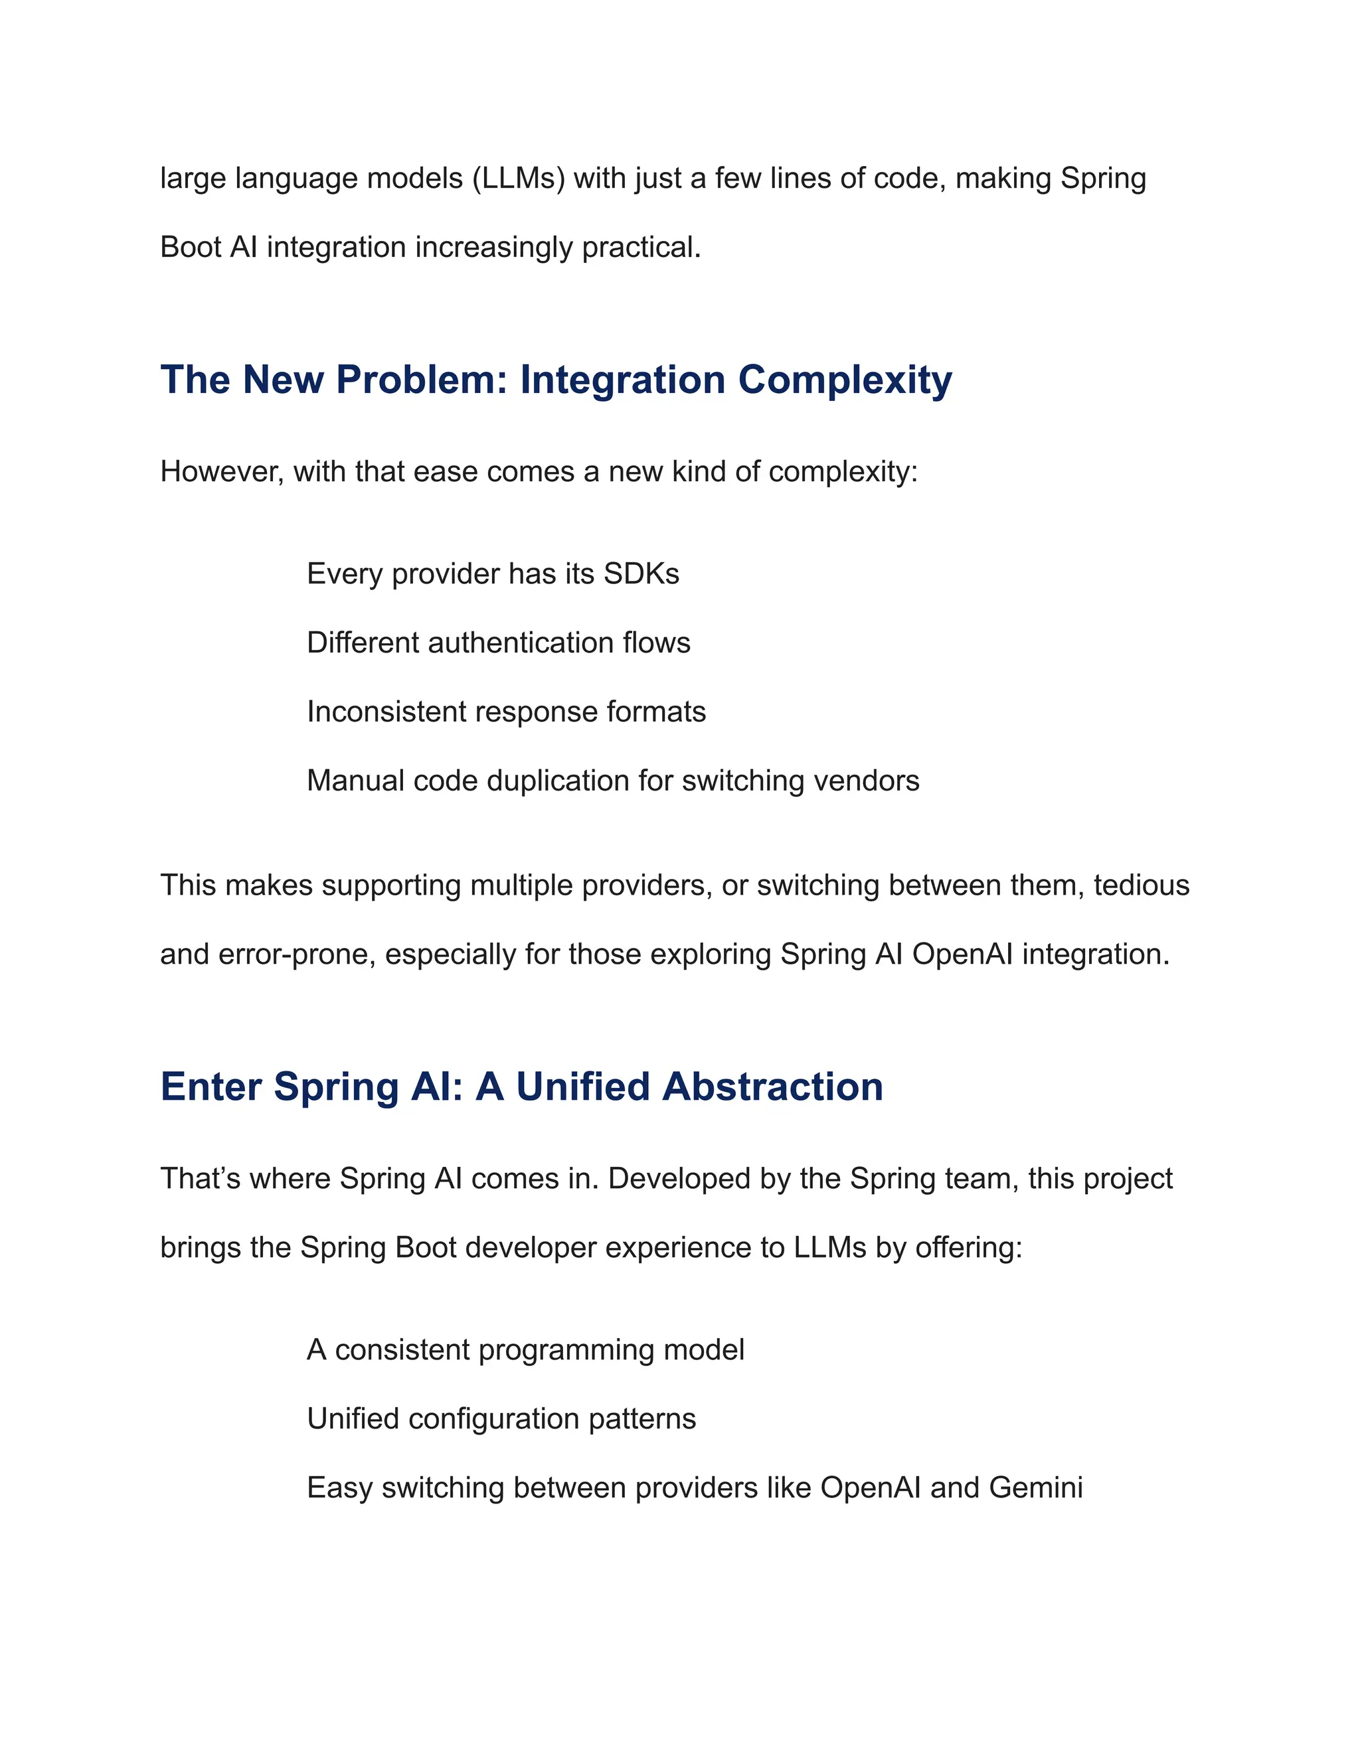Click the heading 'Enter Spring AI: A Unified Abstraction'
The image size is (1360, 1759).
point(521,1087)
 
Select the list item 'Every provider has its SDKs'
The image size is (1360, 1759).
point(492,574)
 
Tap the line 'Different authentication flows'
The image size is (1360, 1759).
point(498,643)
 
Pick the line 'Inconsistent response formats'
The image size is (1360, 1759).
point(506,712)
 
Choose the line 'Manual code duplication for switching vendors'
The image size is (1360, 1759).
point(612,781)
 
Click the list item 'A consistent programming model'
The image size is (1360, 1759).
point(525,1350)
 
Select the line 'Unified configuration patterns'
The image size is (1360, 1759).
point(501,1418)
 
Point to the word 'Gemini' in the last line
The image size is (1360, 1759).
point(1035,1488)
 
